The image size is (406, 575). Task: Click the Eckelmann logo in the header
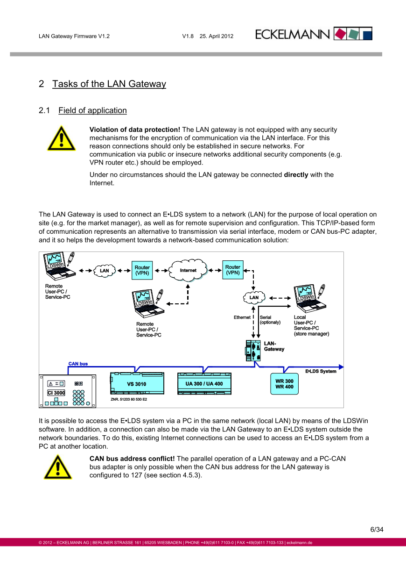click(314, 34)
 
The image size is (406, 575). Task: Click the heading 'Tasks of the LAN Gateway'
click(109, 84)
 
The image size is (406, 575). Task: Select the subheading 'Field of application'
click(92, 110)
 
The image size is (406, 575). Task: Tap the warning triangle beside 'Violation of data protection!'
click(61, 138)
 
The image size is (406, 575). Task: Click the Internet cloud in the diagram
click(188, 270)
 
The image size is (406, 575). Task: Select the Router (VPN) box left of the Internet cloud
click(142, 270)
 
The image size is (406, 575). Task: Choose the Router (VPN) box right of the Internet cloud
click(233, 270)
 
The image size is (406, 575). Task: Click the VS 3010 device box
click(137, 384)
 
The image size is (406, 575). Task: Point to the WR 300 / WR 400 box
click(284, 384)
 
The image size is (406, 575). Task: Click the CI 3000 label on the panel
click(56, 393)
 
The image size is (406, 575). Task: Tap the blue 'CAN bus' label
click(78, 364)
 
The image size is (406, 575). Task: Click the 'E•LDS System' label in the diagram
click(321, 371)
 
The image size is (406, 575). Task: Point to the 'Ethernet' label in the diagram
click(242, 317)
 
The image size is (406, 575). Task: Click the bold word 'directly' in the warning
click(296, 175)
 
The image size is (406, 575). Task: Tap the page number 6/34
click(377, 530)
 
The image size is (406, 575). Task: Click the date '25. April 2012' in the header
click(217, 36)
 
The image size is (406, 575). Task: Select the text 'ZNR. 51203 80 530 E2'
click(129, 400)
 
